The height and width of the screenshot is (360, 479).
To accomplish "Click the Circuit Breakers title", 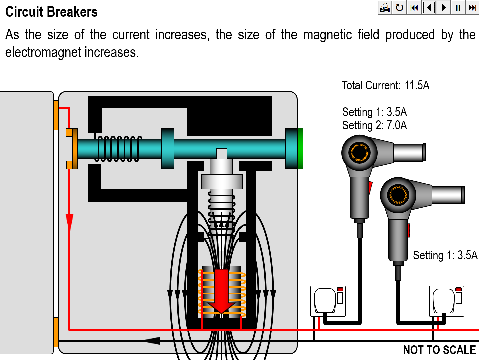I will point(51,12).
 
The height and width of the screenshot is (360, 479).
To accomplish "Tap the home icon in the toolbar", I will point(385,7).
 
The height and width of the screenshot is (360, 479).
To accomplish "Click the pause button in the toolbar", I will point(458,7).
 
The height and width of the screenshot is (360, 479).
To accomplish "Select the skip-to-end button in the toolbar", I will point(472,7).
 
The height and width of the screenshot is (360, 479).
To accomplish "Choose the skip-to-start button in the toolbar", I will point(414,7).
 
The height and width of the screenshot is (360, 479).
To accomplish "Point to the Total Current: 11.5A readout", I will point(385,86).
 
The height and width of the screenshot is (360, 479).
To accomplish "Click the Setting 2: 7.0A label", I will point(374,126).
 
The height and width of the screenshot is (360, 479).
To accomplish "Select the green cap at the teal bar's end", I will point(300,148).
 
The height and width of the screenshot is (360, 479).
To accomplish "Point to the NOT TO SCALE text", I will point(439,350).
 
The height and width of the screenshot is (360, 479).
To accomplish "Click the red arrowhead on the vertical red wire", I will point(69,221).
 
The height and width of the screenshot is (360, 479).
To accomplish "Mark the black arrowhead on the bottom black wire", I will point(152,341).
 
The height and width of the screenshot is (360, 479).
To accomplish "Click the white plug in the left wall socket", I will point(325,300).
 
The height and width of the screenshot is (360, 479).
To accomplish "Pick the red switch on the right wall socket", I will point(458,289).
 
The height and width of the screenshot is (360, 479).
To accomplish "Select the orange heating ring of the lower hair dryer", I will point(398,195).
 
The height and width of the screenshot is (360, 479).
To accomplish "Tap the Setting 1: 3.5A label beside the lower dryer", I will point(445,255).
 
